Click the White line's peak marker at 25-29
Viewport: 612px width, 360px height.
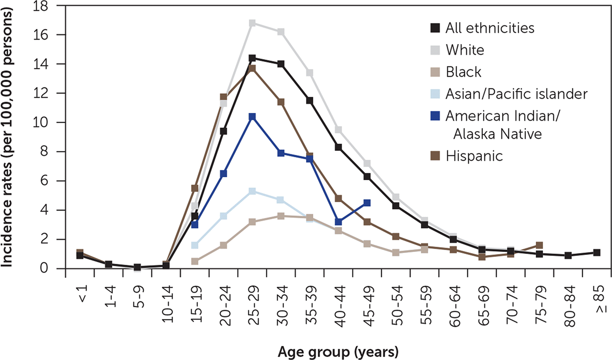[252, 23]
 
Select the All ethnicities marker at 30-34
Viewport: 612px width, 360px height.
[281, 64]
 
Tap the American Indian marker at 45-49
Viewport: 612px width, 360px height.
[368, 203]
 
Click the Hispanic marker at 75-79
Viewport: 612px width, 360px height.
[539, 245]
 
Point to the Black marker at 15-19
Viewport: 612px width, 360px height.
[195, 261]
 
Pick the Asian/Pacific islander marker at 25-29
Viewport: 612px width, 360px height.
[252, 191]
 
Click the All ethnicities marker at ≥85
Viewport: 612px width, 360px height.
[596, 253]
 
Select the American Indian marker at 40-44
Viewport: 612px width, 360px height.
[339, 222]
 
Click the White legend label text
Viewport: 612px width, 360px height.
[465, 50]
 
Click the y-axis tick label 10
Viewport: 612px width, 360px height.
[44, 122]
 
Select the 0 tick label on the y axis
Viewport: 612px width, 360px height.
[46, 268]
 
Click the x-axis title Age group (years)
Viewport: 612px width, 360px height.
[338, 351]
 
